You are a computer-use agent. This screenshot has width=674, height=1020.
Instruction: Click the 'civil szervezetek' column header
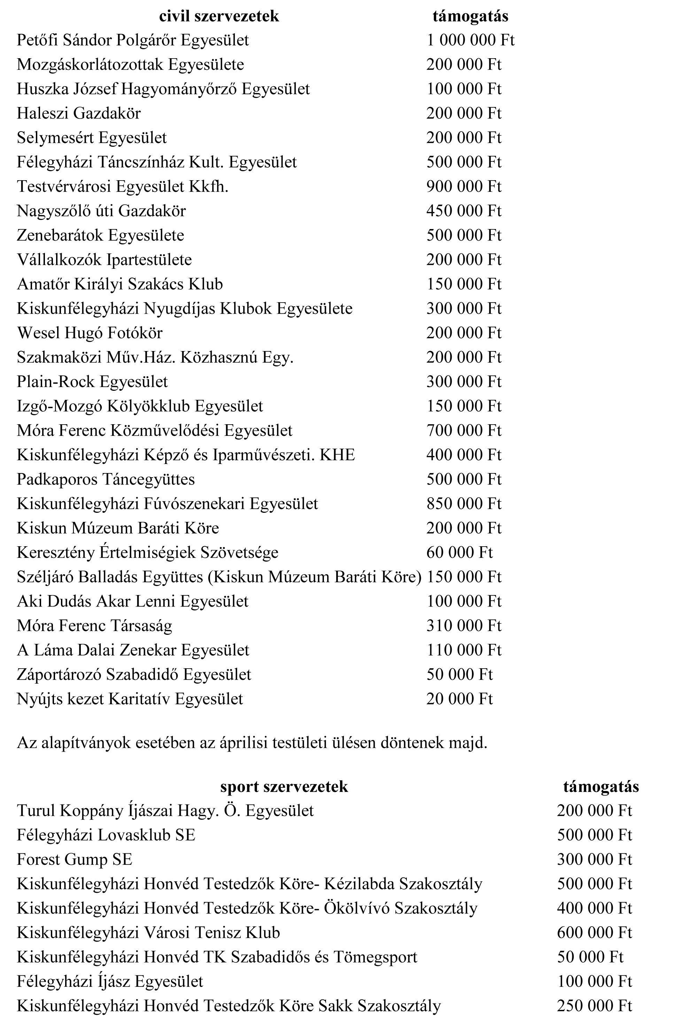(219, 16)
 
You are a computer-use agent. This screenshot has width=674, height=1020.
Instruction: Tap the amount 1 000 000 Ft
(470, 40)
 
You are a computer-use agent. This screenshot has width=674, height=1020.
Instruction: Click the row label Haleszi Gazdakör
(79, 114)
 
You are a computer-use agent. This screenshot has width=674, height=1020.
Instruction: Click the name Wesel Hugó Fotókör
(90, 333)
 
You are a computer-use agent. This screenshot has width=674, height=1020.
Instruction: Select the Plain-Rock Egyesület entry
(92, 382)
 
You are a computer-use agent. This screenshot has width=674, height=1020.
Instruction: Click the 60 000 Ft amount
(459, 553)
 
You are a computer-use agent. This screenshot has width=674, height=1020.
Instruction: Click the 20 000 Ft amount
(459, 699)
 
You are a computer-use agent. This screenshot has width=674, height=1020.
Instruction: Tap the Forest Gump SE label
(74, 860)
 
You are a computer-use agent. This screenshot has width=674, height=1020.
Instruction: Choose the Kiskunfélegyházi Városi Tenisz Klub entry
(148, 933)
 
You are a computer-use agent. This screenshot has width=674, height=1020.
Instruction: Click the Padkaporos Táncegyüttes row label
(106, 480)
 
